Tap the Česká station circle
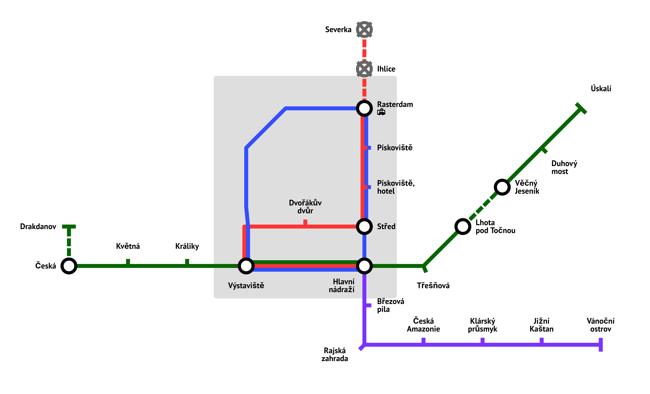69,266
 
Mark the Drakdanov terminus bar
69,226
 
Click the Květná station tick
128,262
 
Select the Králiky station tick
187,262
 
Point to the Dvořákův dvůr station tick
305,222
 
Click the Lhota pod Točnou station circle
463,226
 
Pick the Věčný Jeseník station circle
502,187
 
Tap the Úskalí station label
601,88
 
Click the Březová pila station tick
368,305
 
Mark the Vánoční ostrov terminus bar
601,345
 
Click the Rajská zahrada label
334,354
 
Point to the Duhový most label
564,167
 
